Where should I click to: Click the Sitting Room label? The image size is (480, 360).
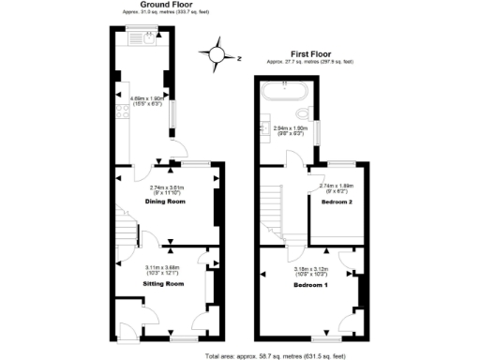tap(160, 282)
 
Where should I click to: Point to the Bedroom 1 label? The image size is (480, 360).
tap(312, 284)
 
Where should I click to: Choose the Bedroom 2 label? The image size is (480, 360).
tap(336, 202)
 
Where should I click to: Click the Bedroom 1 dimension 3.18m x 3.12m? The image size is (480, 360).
tap(312, 269)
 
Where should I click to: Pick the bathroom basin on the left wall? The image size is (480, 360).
tap(263, 132)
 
